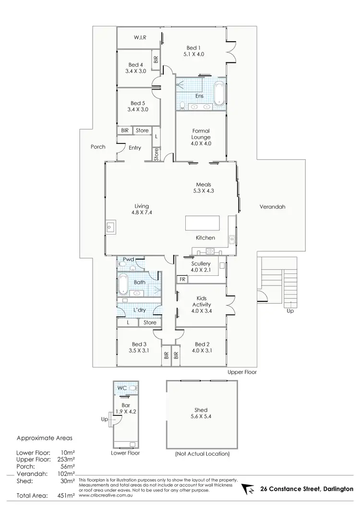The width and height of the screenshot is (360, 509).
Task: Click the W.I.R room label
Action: tap(140, 37)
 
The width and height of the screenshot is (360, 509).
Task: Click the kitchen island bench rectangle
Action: tap(203, 224)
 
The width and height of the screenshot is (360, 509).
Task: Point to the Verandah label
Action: tap(273, 207)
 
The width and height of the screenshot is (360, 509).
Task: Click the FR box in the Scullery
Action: tap(182, 279)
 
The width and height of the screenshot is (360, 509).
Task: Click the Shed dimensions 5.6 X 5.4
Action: tap(201, 416)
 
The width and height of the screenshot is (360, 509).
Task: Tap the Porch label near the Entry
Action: tap(98, 147)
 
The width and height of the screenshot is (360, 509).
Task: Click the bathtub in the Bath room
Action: tap(122, 283)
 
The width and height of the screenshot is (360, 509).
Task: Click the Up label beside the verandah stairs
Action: tap(290, 310)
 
